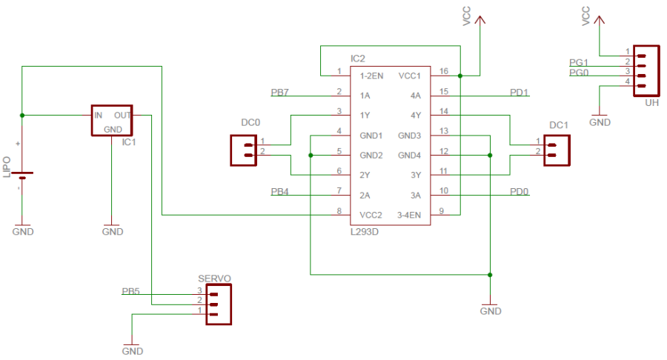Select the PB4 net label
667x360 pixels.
pyautogui.click(x=280, y=192)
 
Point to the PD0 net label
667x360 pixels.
pyautogui.click(x=519, y=192)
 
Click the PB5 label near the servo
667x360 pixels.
pyautogui.click(x=130, y=291)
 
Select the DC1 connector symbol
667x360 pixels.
pyautogui.click(x=557, y=150)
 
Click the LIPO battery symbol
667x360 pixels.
pyautogui.click(x=24, y=176)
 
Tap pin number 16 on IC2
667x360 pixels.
pyautogui.click(x=444, y=71)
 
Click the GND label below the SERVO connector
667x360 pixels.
pyautogui.click(x=132, y=350)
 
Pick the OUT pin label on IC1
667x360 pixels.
pyautogui.click(x=122, y=116)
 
